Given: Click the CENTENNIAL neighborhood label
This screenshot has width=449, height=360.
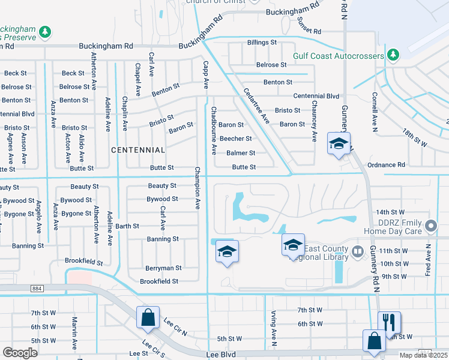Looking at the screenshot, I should point(138,149).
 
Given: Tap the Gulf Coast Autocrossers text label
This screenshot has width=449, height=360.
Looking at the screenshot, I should point(339,56).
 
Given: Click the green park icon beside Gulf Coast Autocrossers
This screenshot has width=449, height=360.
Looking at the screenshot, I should point(393,55).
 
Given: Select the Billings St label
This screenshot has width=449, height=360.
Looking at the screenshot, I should point(262,43).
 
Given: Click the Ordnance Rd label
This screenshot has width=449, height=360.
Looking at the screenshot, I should point(385,164).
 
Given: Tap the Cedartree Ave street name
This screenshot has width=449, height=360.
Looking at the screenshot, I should point(256,107).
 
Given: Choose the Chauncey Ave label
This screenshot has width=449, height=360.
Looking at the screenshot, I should point(314,121).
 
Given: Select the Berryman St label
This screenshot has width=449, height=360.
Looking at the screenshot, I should point(163,268).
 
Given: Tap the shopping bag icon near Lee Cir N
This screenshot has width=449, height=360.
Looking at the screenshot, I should point(148,317).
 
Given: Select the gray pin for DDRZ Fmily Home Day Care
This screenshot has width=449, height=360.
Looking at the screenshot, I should point(430,226).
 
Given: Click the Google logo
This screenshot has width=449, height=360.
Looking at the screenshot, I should point(20,353).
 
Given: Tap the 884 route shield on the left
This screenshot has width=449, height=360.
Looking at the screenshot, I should point(38,289).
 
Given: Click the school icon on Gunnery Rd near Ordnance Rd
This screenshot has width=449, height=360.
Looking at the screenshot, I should point(339,144).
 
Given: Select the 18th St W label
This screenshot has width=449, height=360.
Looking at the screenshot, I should point(415,140).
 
